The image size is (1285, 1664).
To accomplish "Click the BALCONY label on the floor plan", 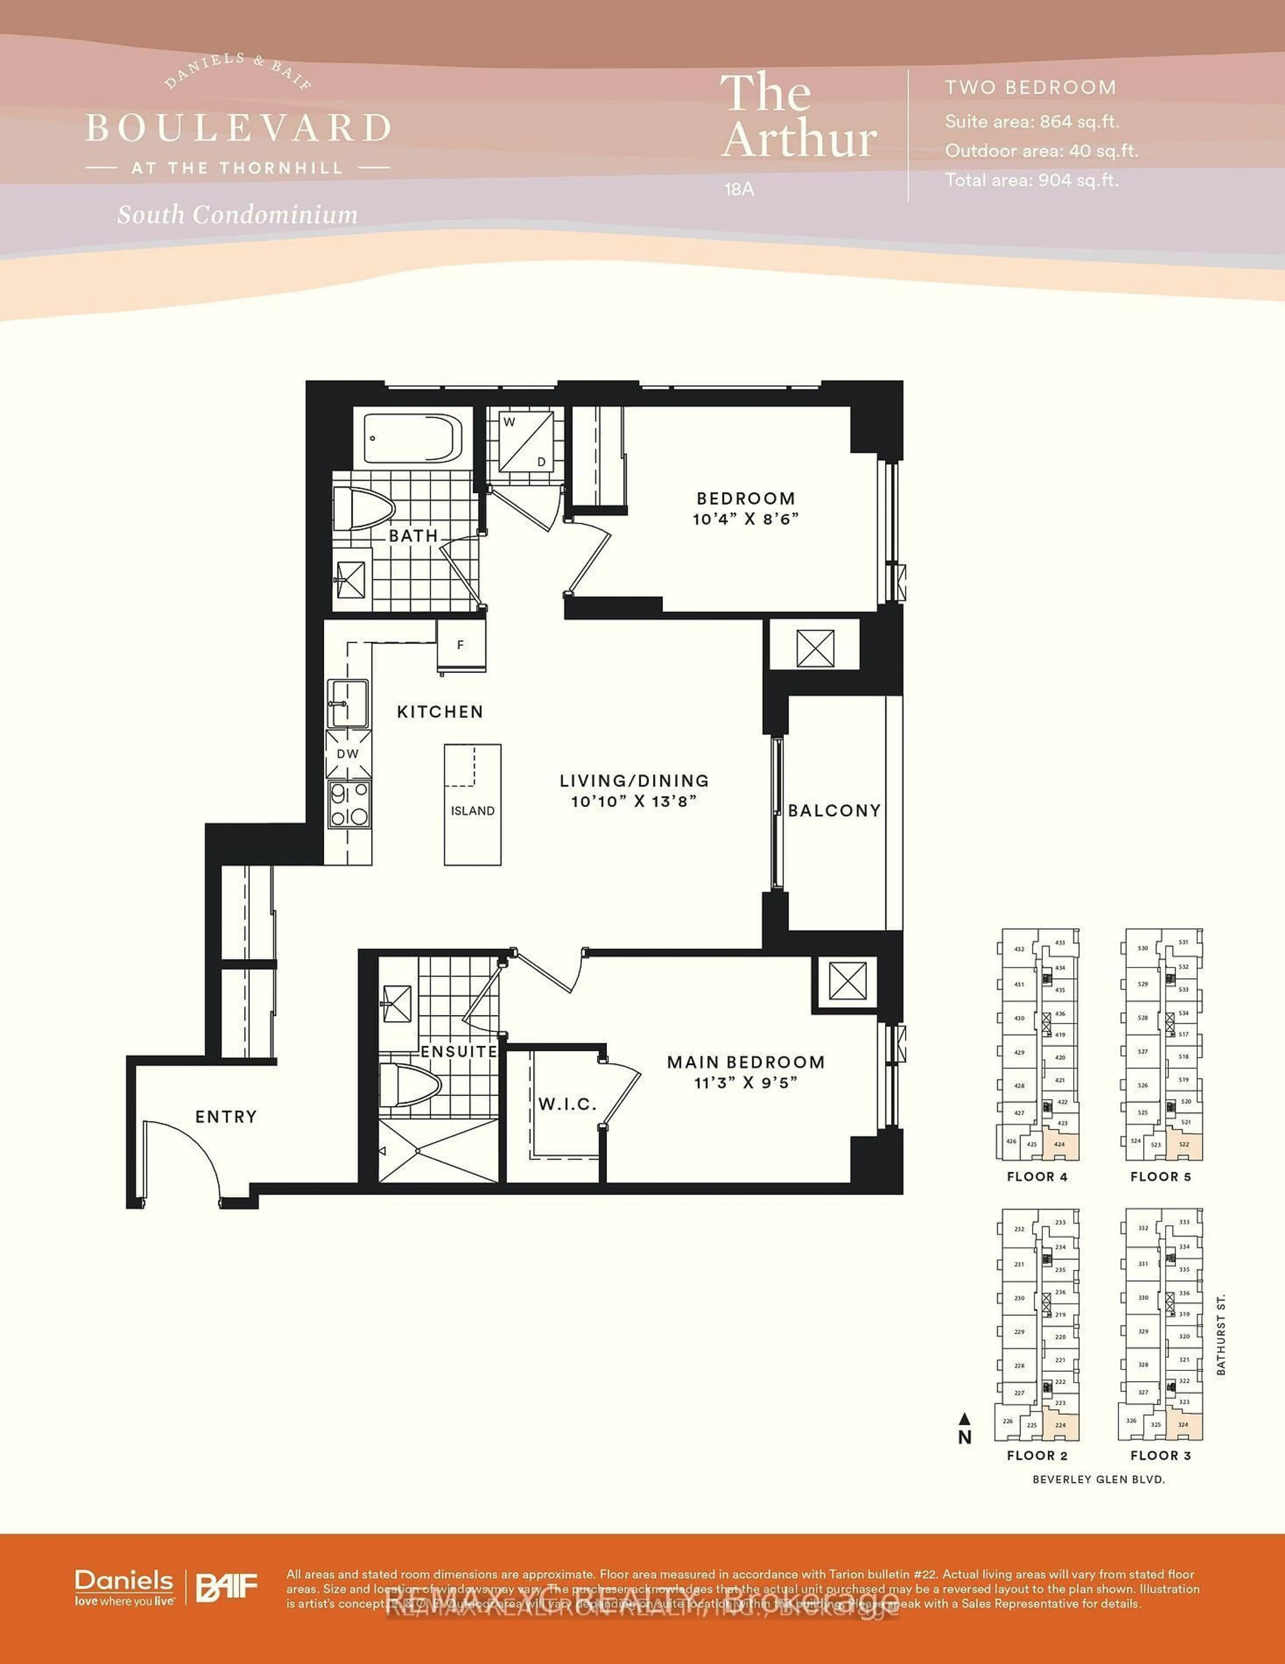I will [834, 811].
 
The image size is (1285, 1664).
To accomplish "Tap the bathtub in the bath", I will [412, 438].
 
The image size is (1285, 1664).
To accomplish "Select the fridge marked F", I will [461, 645].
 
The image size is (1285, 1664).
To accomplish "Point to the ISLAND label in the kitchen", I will [472, 811].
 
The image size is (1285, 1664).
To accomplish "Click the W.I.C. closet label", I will [568, 1104].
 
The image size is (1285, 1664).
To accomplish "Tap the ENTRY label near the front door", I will [226, 1117].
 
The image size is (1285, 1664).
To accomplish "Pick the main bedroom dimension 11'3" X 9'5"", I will [746, 1083].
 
